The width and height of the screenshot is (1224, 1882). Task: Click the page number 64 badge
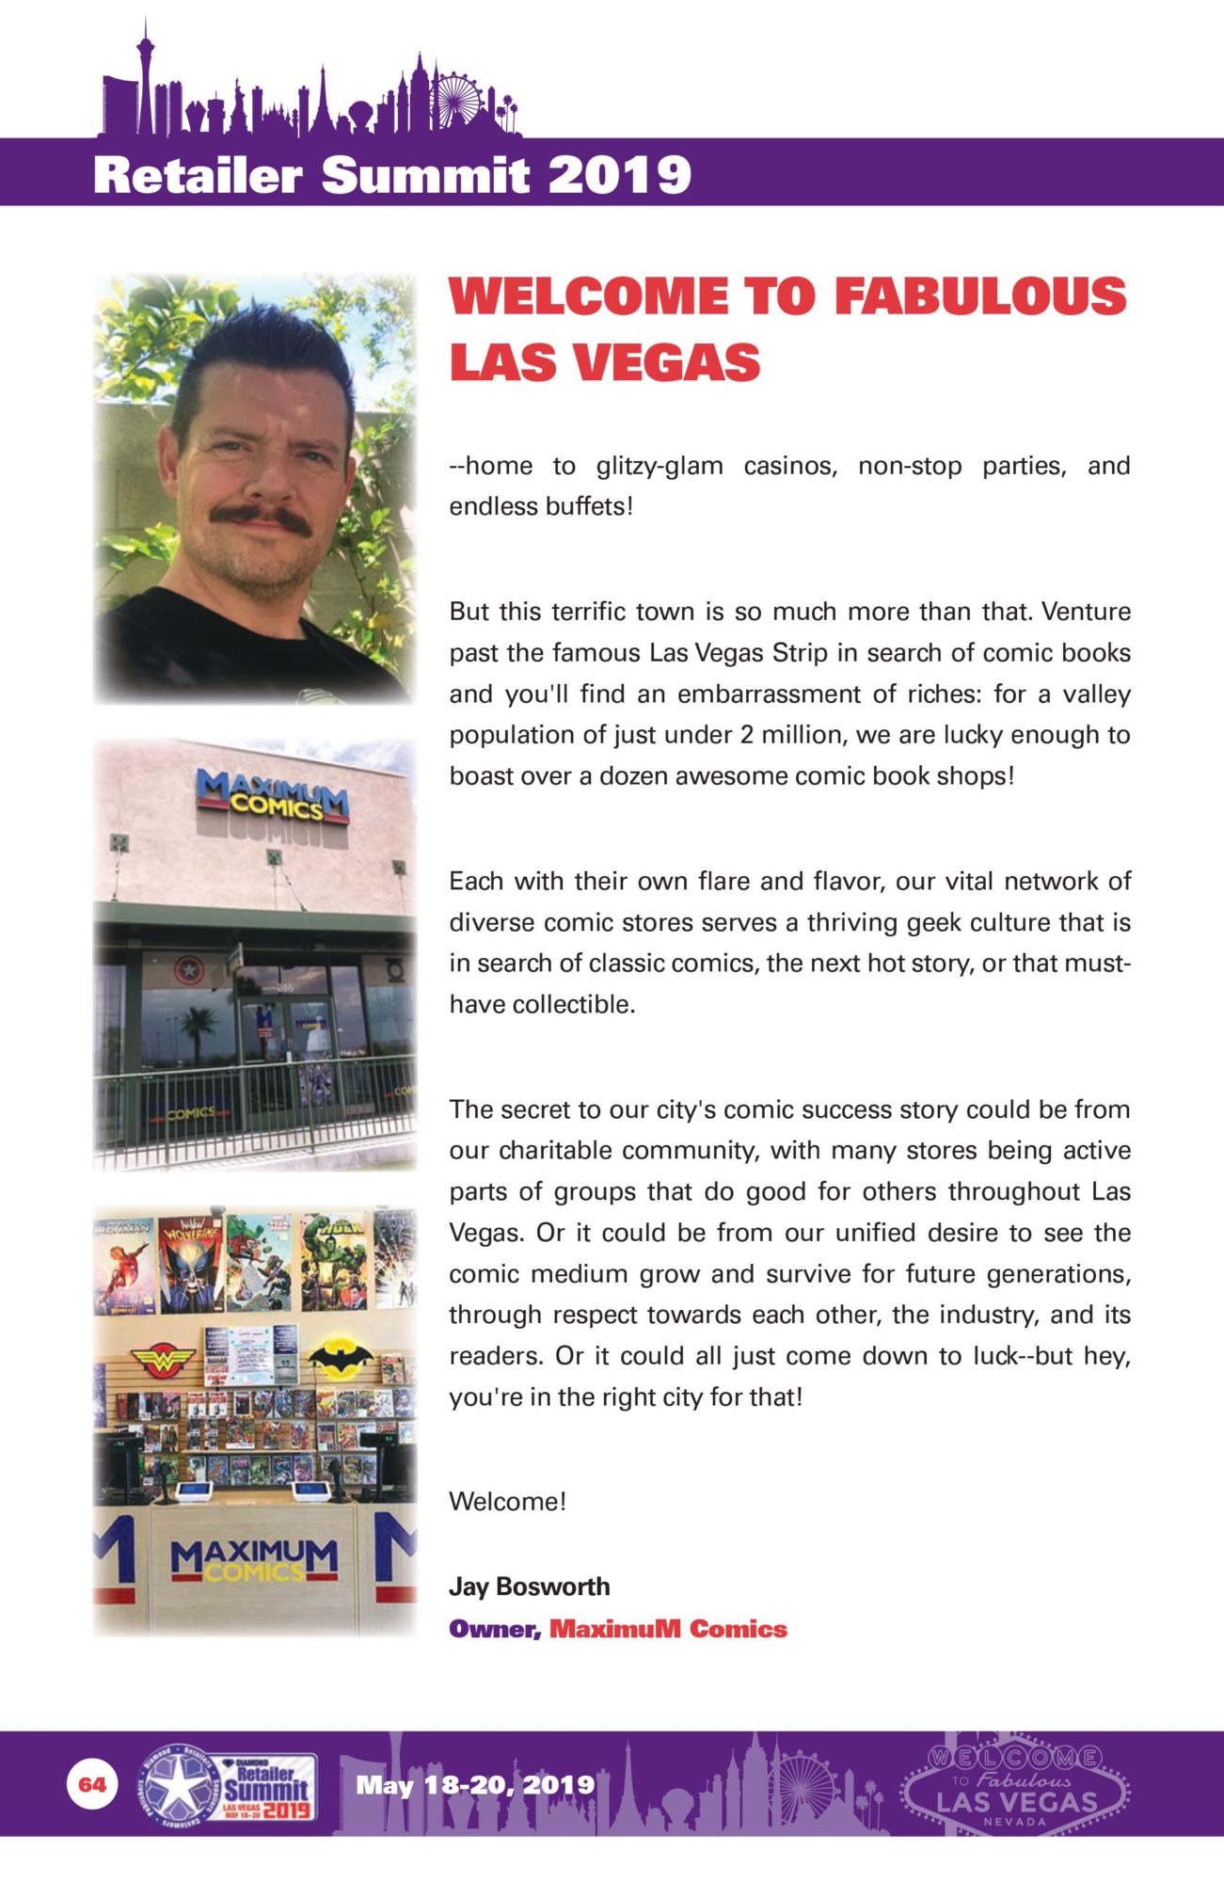92,1784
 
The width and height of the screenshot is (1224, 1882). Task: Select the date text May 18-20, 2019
475,1784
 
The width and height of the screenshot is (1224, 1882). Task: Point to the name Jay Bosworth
530,1587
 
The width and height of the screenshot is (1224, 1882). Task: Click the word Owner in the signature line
495,1629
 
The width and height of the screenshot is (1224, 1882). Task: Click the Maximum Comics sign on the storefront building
273,794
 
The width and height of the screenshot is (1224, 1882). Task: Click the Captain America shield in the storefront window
187,969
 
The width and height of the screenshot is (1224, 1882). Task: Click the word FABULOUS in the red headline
979,296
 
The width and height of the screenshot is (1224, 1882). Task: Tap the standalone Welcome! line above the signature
507,1501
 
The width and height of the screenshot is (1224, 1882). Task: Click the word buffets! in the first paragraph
589,506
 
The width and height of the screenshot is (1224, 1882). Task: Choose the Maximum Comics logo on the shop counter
254,1562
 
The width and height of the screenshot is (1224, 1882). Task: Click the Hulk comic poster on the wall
334,1261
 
